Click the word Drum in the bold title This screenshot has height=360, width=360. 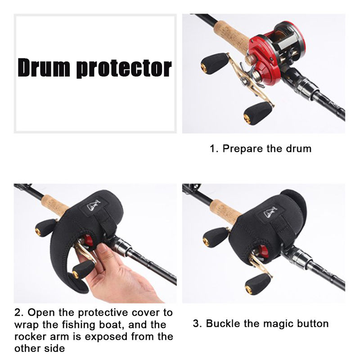pos(44,68)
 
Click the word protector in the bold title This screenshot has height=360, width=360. pos(124,68)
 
